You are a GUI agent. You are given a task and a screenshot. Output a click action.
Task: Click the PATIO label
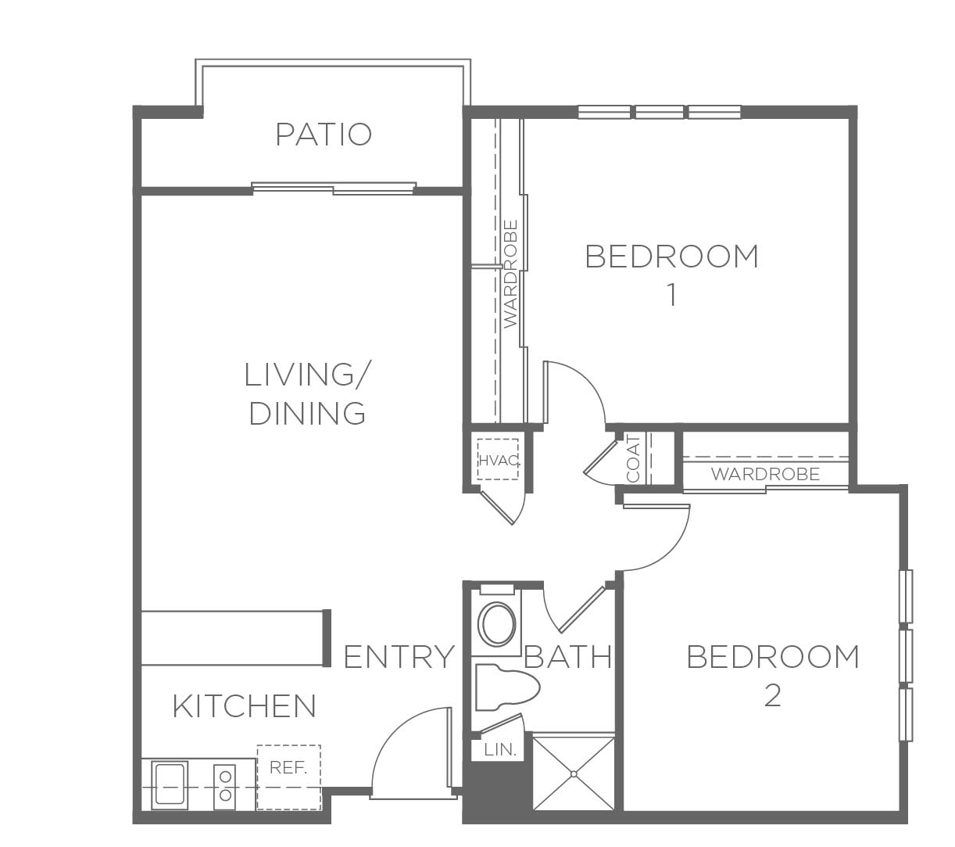[x=324, y=135]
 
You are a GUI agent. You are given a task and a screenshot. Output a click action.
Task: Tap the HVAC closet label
[x=499, y=460]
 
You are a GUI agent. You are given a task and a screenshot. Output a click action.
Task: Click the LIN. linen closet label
[x=500, y=750]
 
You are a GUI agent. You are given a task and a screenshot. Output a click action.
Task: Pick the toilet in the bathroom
[x=507, y=687]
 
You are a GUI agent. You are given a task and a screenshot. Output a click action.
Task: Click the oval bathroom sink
[x=497, y=624]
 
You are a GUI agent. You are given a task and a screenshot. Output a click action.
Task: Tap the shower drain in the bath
[x=574, y=774]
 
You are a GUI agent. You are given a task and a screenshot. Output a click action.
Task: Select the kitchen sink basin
[x=170, y=785]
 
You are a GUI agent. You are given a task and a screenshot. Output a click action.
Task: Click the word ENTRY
[x=399, y=657]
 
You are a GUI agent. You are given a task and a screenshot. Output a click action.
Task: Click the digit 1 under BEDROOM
[x=672, y=296]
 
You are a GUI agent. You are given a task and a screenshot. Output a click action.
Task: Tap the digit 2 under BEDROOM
[x=773, y=695]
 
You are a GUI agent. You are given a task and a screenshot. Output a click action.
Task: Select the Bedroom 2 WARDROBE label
[x=766, y=474]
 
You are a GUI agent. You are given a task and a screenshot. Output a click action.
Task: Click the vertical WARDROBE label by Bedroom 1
[x=510, y=274]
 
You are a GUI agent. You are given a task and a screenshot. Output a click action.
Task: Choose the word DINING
[x=307, y=414]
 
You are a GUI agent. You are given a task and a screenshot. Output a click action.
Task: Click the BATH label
[x=568, y=657]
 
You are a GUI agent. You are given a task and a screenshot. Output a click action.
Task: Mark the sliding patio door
[x=334, y=188]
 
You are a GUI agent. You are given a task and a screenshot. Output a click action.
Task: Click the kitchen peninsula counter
[x=234, y=638]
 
